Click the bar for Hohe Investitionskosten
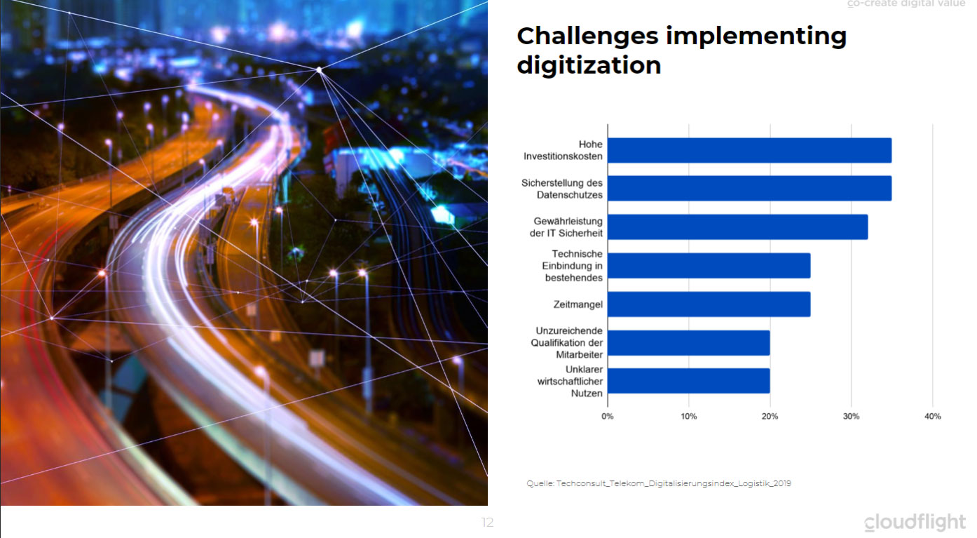click(749, 150)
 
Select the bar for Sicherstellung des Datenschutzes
click(749, 188)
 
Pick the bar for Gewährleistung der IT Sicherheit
click(737, 227)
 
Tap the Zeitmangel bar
click(709, 304)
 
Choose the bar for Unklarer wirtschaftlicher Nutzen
click(689, 381)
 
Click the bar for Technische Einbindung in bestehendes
click(709, 266)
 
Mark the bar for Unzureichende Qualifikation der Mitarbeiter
click(689, 343)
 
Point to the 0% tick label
click(608, 416)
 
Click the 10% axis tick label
click(689, 416)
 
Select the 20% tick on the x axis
click(770, 416)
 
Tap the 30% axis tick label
click(851, 416)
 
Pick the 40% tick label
click(933, 416)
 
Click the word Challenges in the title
click(587, 36)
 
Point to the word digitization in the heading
click(589, 65)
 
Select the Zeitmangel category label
click(578, 304)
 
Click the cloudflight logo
click(915, 522)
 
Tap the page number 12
click(487, 523)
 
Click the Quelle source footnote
click(659, 483)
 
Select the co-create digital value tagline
click(906, 4)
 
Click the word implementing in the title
click(756, 36)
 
